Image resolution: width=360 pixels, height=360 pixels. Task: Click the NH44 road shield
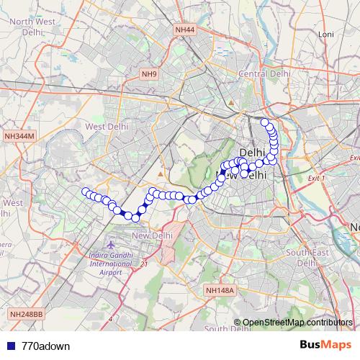pyautogui.click(x=185, y=30)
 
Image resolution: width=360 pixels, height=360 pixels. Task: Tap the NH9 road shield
pyautogui.click(x=149, y=74)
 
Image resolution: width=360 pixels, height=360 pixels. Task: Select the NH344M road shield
pyautogui.click(x=19, y=136)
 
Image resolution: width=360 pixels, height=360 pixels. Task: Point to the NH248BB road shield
pyautogui.click(x=27, y=315)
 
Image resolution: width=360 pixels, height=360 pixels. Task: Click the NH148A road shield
pyautogui.click(x=220, y=290)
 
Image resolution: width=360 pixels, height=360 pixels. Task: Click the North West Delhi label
pyautogui.click(x=33, y=27)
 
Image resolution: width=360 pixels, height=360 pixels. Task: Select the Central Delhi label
pyautogui.click(x=264, y=73)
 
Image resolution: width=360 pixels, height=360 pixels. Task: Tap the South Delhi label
pyautogui.click(x=226, y=329)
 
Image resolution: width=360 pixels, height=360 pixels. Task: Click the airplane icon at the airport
pyautogui.click(x=111, y=247)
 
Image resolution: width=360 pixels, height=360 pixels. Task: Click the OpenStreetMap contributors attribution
pyautogui.click(x=297, y=323)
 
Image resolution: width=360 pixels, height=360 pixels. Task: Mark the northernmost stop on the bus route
pyautogui.click(x=265, y=122)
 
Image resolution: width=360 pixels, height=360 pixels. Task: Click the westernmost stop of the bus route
pyautogui.click(x=85, y=192)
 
